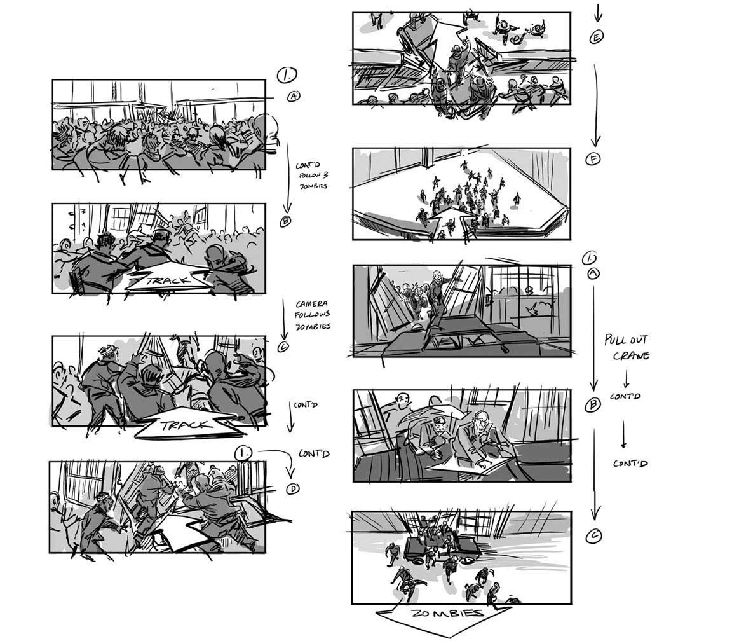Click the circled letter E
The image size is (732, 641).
(596, 37)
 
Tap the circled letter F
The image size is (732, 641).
(593, 159)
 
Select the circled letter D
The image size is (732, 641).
(293, 488)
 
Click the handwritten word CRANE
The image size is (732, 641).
(631, 355)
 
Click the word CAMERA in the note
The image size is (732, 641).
(311, 304)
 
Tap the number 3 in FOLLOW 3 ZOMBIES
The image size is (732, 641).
(325, 174)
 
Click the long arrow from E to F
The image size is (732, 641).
(595, 106)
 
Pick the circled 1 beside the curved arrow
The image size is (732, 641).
(244, 453)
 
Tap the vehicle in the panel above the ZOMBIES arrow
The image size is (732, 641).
(441, 547)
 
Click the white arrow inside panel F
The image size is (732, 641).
(448, 219)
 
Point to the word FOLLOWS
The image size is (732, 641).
(313, 314)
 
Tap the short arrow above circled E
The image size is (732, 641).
(597, 11)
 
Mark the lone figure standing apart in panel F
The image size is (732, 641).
(517, 200)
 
